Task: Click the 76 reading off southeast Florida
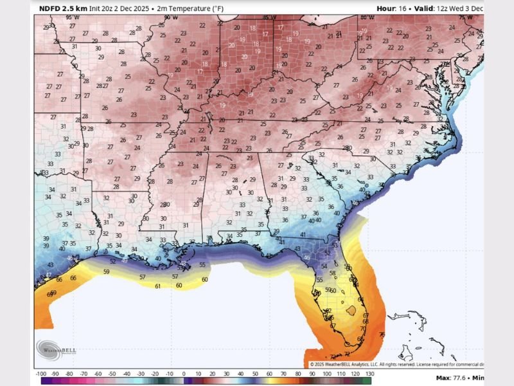coord(382,335)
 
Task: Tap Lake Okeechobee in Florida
coord(350,310)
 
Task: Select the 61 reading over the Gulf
coord(158,286)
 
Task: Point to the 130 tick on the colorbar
coord(369,373)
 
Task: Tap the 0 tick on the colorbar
coord(184,373)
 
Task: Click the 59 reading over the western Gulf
coord(107,271)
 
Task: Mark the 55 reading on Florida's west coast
coord(319,280)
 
